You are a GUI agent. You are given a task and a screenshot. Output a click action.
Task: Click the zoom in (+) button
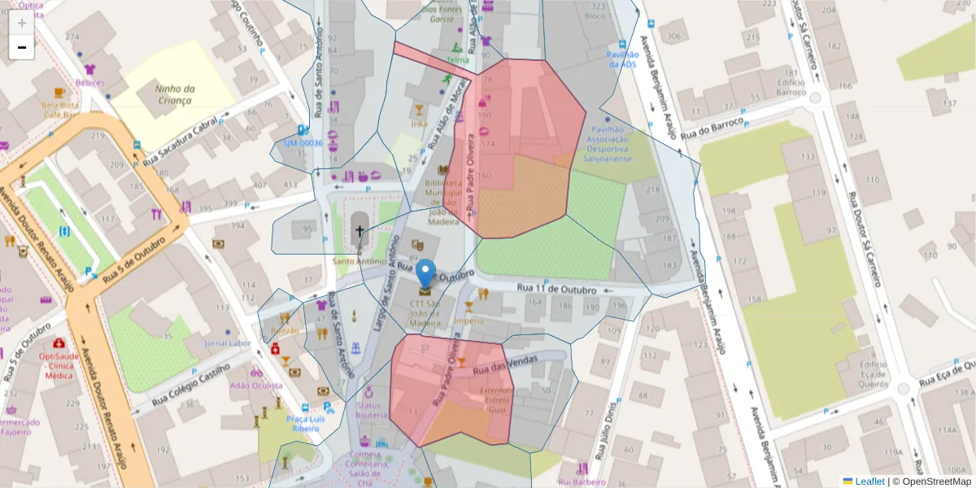22,23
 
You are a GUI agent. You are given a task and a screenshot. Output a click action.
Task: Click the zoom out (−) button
22,47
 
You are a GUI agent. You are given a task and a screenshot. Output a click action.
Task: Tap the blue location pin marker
425,275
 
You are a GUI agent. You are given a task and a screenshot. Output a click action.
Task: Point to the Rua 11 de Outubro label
556,290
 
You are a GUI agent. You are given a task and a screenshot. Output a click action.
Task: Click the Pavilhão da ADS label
622,59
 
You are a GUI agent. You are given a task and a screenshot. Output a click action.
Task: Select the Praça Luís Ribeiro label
302,423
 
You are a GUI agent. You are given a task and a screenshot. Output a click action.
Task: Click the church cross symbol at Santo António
359,232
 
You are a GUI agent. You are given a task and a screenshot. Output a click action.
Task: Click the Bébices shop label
89,82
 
